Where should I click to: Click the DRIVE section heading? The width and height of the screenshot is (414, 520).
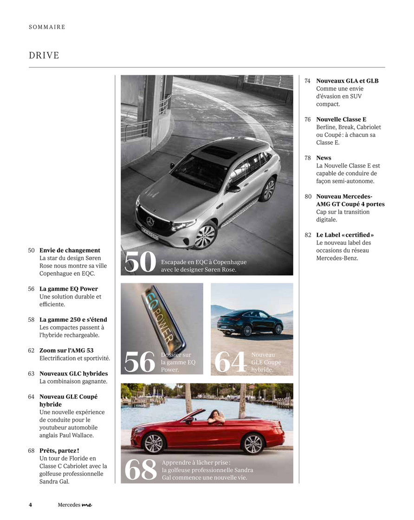coord(44,56)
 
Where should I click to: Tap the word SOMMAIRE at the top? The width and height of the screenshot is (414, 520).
coord(47,27)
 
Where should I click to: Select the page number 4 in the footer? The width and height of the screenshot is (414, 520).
coord(30,505)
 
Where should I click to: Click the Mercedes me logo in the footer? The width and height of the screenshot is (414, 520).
coord(75,505)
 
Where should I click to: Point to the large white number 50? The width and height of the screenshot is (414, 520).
coord(140,263)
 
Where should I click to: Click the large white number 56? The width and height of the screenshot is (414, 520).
coord(140,362)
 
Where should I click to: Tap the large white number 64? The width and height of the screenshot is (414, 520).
coord(230,363)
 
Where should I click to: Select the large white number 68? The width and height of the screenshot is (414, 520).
coord(141,470)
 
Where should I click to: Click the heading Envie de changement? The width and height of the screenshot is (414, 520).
coord(70,250)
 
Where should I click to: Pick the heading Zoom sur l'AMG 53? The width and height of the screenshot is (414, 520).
coord(66,351)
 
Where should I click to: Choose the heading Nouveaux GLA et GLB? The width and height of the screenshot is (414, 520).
coord(347,81)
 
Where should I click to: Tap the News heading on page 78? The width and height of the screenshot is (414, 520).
coord(323,158)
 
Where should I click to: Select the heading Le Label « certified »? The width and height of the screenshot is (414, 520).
coord(345,235)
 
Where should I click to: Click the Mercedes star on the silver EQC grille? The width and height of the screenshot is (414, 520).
coord(150,221)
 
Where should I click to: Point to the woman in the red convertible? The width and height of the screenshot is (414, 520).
coord(216,416)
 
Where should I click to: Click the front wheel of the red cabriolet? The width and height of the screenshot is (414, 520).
coord(154,443)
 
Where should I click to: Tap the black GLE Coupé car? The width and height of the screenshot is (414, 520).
coord(250,322)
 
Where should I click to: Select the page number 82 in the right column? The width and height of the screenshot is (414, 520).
coord(308,235)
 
